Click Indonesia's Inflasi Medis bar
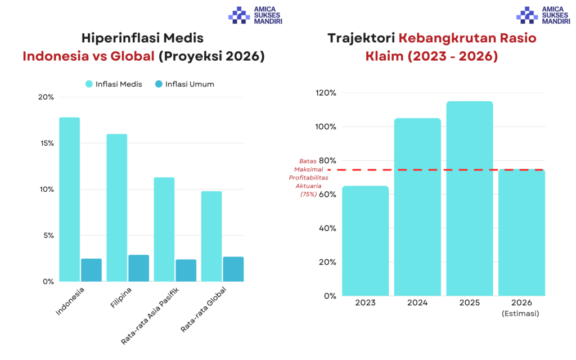(69, 199)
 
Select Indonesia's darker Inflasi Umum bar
(91, 270)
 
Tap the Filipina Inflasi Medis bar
(116, 208)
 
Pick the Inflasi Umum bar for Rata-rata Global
(233, 269)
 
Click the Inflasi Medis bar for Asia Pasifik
(164, 229)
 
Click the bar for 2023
(365, 241)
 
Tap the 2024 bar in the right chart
(417, 206)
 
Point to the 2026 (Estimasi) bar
(521, 232)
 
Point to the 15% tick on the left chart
(46, 143)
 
